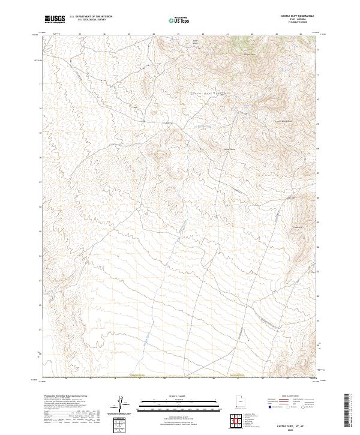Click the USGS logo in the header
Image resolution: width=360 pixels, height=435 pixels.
(55, 19)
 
